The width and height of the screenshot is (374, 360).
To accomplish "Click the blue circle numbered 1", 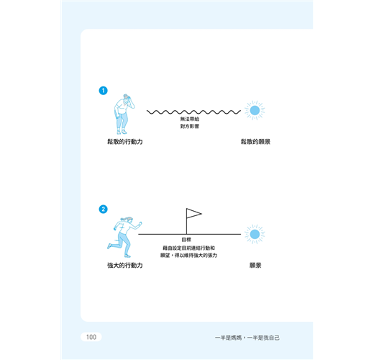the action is click(104, 91).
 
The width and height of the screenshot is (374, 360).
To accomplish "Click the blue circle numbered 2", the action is click(104, 209).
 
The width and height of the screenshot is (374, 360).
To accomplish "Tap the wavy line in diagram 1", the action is click(193, 112).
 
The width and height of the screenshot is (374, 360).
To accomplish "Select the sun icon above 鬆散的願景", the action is click(255, 110).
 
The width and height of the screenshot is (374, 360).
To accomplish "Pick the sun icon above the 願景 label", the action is click(255, 234).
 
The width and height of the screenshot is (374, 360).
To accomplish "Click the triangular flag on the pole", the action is click(193, 213).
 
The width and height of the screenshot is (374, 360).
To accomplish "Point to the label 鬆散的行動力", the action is click(125, 142).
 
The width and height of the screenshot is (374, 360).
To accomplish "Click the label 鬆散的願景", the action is click(255, 142).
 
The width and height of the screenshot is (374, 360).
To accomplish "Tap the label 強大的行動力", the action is click(125, 265).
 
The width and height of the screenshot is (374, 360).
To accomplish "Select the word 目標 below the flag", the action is click(186, 240).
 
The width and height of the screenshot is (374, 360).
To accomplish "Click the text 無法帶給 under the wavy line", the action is click(190, 119).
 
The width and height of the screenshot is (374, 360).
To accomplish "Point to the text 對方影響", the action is click(190, 126).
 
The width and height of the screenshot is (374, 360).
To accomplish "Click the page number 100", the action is click(91, 337).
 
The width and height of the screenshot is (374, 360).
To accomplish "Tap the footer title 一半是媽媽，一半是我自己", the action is click(247, 338).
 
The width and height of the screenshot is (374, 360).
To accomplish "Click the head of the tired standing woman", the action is click(127, 98).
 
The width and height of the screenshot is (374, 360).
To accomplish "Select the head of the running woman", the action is click(128, 220).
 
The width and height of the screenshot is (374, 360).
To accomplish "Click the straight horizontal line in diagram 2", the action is click(190, 234).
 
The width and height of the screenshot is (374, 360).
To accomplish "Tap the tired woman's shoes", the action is click(122, 132).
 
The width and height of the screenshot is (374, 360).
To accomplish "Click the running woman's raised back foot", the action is click(109, 246).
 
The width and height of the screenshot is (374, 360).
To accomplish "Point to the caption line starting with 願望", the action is click(188, 256).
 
